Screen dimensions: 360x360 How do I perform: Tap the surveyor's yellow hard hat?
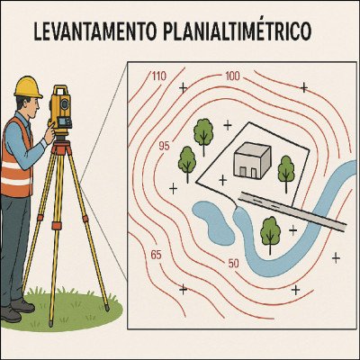[x=28, y=86]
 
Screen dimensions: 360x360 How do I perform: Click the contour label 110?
[x=159, y=76]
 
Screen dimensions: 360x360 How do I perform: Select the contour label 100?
[x=232, y=76]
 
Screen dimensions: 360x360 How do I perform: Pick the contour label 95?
[x=164, y=146]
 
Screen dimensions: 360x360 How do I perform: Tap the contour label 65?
[x=157, y=255]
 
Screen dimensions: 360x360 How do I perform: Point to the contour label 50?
[x=233, y=263]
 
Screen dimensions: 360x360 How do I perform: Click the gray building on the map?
[x=252, y=161]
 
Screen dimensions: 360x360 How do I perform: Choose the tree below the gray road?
[x=270, y=231]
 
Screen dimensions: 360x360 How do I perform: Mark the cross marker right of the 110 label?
[x=184, y=87]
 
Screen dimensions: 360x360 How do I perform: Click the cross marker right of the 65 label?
[x=184, y=289]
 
